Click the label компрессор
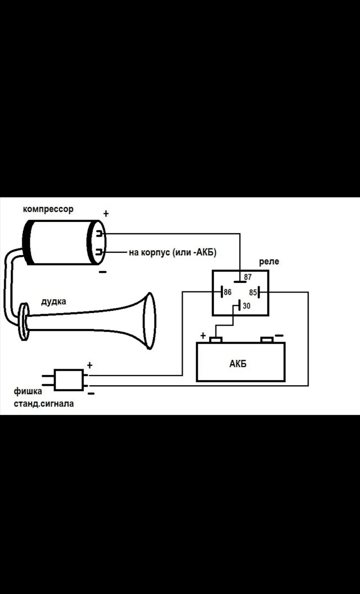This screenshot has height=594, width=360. point(48,209)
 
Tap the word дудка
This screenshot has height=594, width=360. point(54,301)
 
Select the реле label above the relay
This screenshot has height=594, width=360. point(269,262)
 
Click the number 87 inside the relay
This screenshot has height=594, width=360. point(247,277)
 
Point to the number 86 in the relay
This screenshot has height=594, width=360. point(227,292)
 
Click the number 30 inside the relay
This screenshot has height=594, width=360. point(246,306)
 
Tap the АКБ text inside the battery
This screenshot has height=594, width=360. point(238,364)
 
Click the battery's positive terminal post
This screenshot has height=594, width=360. point(216,340)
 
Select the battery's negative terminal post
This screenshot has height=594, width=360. point(267,340)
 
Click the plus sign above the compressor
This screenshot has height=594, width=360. point(106,214)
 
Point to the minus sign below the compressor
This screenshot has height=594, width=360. point(103,272)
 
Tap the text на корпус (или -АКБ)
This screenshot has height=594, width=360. point(172,253)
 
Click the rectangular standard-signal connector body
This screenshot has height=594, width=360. point(69,380)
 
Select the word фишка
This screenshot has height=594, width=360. point(28,392)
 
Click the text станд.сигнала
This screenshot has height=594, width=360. point(44,404)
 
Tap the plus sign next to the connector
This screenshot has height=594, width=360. point(90,365)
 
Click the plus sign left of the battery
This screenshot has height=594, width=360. point(203,335)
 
